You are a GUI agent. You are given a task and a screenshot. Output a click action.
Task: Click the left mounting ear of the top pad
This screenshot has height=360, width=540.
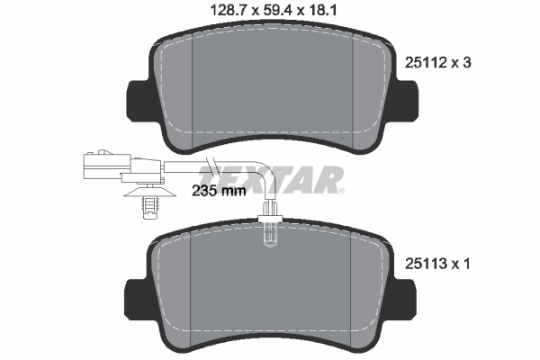coord(138,100)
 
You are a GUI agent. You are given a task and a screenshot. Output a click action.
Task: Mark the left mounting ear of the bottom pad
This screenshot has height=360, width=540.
coord(138,296)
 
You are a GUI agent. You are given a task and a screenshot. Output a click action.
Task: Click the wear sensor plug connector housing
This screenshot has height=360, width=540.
coord(103,166)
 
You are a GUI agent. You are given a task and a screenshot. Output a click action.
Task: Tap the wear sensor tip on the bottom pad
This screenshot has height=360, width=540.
coord(269,235)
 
